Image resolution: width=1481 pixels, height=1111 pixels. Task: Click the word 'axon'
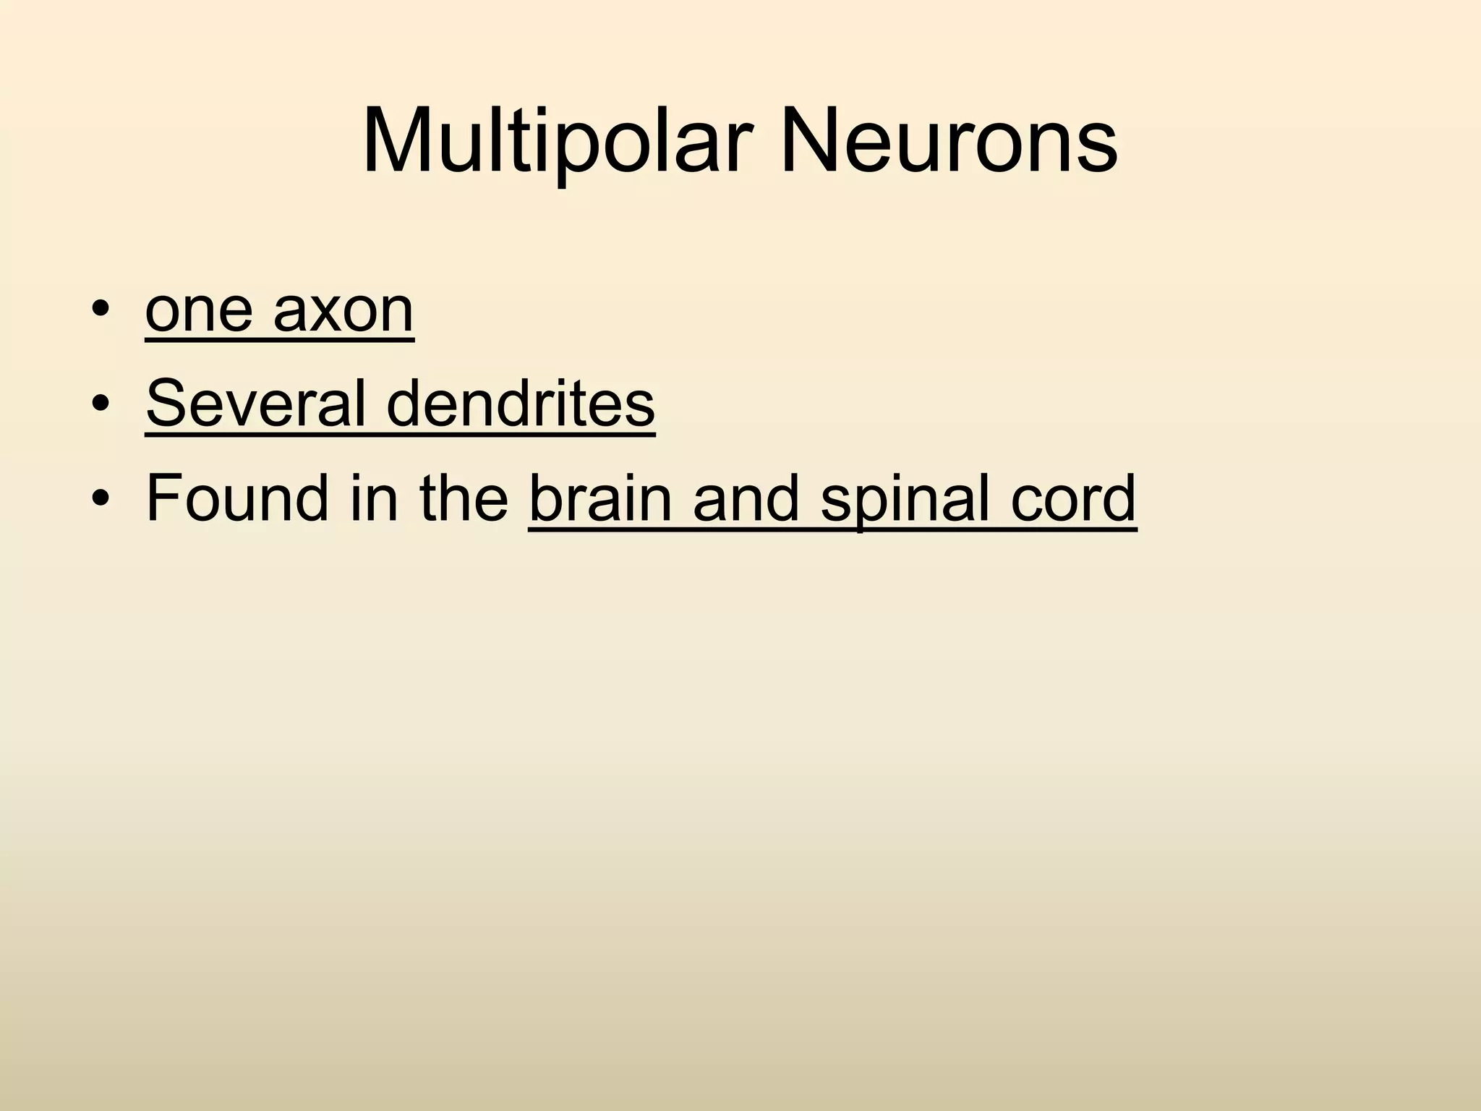click(343, 311)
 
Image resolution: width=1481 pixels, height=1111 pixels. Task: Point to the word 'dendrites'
click(521, 403)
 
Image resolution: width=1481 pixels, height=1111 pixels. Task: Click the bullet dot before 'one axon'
click(101, 311)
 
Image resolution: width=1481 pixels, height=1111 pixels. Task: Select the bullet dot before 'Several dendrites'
click(101, 404)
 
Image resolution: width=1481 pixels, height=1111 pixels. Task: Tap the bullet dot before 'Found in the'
click(101, 498)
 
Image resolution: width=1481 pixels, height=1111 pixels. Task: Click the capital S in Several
click(165, 403)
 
